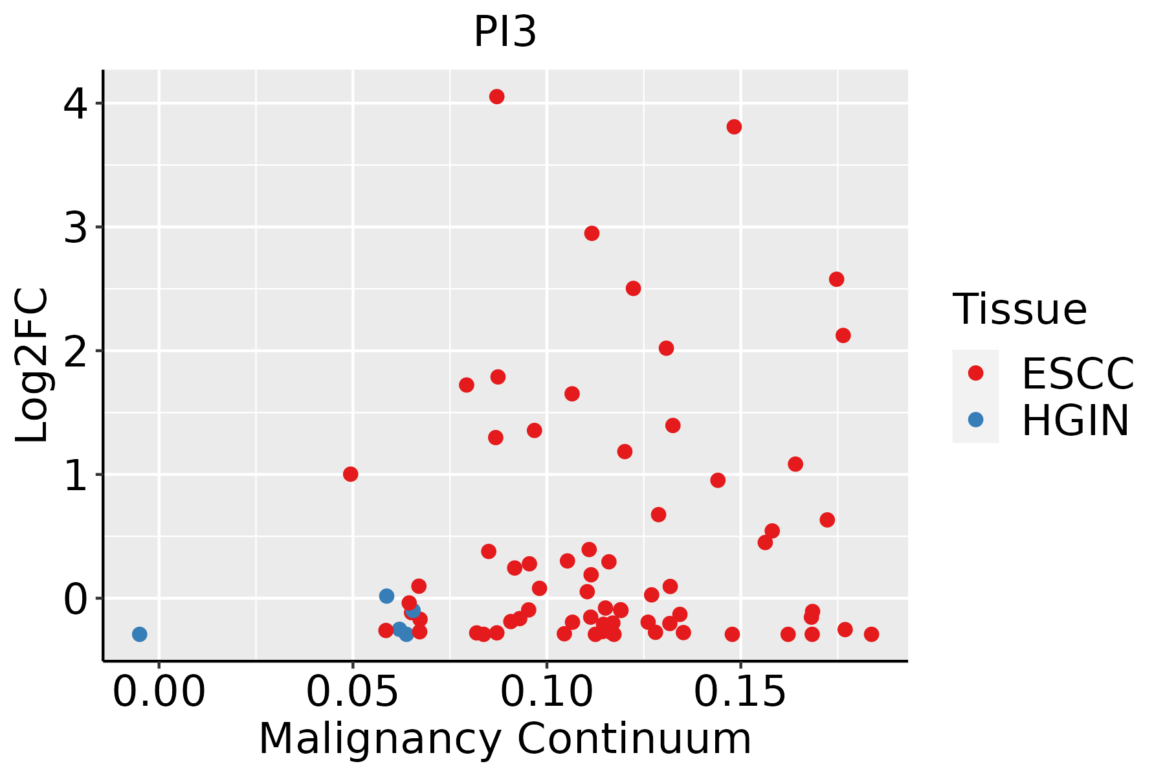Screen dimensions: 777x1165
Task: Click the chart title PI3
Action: (505, 32)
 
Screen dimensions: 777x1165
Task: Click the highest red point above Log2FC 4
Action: (497, 96)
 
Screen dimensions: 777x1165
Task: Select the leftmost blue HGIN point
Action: (139, 634)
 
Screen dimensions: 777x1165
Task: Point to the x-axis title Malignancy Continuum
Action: (505, 739)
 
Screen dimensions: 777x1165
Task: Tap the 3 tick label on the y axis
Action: (76, 227)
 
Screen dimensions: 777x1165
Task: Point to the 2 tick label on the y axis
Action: (76, 351)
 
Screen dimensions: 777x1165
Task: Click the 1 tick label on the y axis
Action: (76, 475)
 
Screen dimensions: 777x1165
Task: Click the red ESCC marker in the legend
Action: (975, 373)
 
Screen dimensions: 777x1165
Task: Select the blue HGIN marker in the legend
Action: (975, 420)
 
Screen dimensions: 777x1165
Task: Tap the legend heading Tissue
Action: (1019, 310)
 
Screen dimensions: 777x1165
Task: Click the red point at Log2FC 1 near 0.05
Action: (351, 474)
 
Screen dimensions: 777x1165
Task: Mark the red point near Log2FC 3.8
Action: (734, 127)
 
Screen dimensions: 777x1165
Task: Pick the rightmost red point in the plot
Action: (871, 634)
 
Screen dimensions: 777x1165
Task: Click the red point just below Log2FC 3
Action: (592, 233)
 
